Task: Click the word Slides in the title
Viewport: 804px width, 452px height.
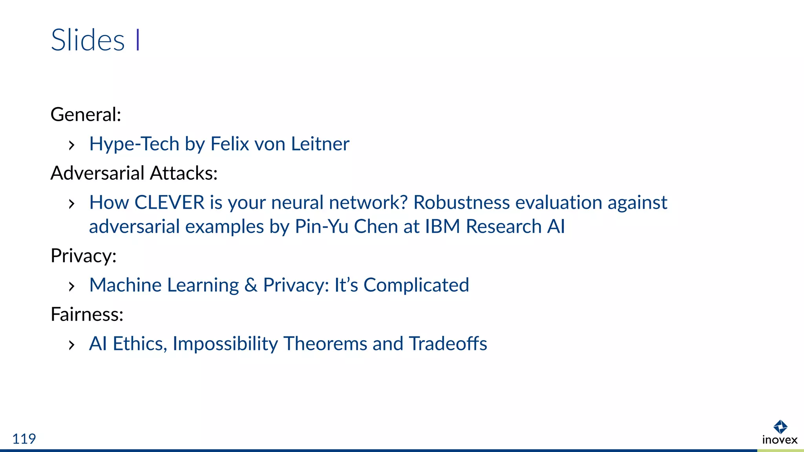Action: click(88, 40)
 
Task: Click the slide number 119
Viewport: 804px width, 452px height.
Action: click(24, 439)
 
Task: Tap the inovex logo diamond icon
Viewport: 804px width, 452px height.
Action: click(780, 426)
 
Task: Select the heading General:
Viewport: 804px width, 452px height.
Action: click(86, 115)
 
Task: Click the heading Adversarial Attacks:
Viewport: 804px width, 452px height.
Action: click(134, 173)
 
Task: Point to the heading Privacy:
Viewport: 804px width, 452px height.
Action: click(83, 256)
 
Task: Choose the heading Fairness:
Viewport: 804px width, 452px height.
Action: click(87, 314)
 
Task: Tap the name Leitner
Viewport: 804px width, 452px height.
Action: click(320, 144)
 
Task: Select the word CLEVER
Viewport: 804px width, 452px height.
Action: click(169, 202)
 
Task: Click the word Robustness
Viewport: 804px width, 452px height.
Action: click(461, 202)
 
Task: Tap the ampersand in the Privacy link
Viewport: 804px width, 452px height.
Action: click(251, 285)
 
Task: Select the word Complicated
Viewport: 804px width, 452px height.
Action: click(416, 285)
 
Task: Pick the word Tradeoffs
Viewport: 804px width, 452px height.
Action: click(448, 344)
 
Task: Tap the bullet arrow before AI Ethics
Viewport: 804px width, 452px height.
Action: click(71, 345)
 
